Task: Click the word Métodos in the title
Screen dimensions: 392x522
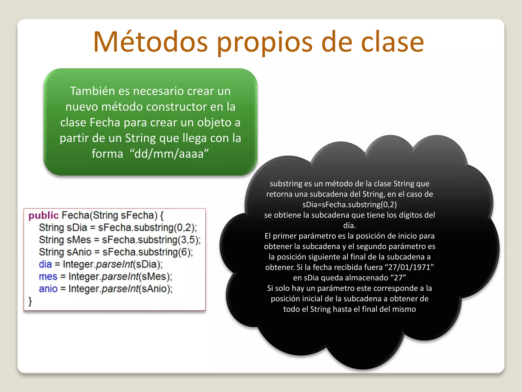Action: [151, 42]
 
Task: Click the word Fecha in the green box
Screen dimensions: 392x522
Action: [105, 122]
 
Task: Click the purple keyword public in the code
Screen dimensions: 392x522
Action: [44, 215]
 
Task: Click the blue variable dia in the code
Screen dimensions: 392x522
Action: [45, 264]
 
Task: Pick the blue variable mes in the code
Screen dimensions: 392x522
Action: [48, 277]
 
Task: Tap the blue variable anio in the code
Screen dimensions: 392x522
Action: [48, 289]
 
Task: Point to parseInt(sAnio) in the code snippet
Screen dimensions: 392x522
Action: [137, 289]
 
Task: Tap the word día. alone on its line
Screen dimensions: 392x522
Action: [349, 226]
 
